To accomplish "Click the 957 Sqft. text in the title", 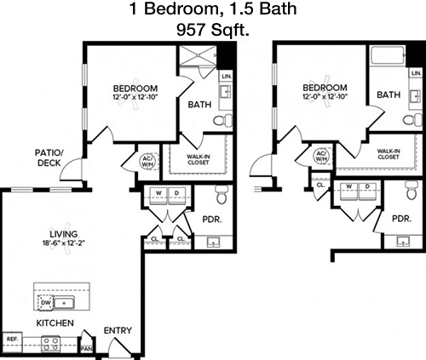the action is click(x=213, y=30).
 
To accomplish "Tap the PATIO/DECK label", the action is click(x=49, y=157).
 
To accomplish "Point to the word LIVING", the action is click(x=64, y=234).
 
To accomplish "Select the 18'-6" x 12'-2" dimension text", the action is click(x=64, y=243).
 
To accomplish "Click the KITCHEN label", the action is click(x=55, y=323).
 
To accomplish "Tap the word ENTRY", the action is click(x=118, y=330).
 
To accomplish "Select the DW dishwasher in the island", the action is click(x=45, y=302).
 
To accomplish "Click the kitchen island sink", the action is click(x=64, y=303).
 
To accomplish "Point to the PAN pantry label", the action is click(x=86, y=348).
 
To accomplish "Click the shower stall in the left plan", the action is click(x=198, y=55).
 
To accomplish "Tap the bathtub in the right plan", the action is click(x=388, y=55).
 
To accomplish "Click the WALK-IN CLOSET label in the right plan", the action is click(x=389, y=154).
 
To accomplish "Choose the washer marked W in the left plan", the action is click(x=158, y=195).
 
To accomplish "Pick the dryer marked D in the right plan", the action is click(x=368, y=191).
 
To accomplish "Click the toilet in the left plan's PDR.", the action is click(x=221, y=194).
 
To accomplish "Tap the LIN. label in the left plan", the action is click(x=227, y=77).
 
